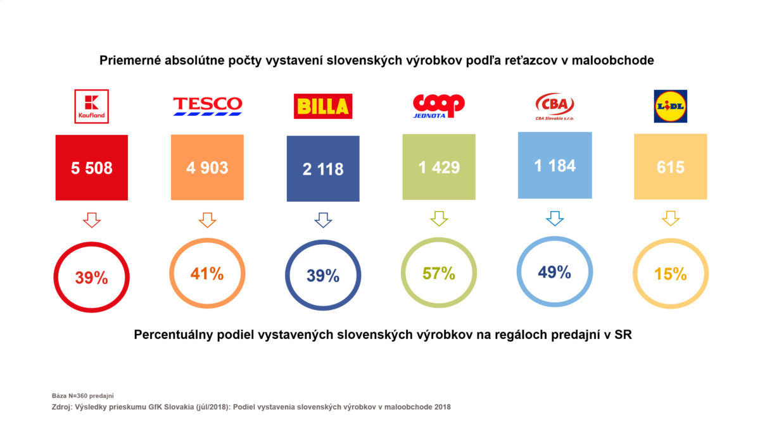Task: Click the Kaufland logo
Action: click(x=92, y=106)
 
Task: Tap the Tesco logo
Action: click(x=208, y=106)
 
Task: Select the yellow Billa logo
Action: click(x=323, y=106)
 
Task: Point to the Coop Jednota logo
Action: click(x=438, y=105)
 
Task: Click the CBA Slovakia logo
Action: click(x=554, y=105)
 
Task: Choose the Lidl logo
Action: click(x=670, y=106)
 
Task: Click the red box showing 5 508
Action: click(x=92, y=168)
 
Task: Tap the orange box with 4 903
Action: click(x=208, y=168)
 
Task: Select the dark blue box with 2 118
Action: click(x=323, y=169)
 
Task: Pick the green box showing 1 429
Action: click(x=438, y=168)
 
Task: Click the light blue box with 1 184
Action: click(x=554, y=165)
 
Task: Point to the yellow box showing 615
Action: click(x=670, y=167)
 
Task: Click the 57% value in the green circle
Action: click(x=438, y=273)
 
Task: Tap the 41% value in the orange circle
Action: click(x=208, y=273)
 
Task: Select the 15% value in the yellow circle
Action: click(x=670, y=274)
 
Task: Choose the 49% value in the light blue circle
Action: click(x=554, y=273)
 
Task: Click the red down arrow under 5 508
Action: click(x=92, y=220)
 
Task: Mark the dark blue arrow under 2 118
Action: click(x=323, y=220)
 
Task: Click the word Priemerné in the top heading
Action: click(x=127, y=61)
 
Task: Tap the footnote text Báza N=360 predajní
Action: click(x=82, y=395)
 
